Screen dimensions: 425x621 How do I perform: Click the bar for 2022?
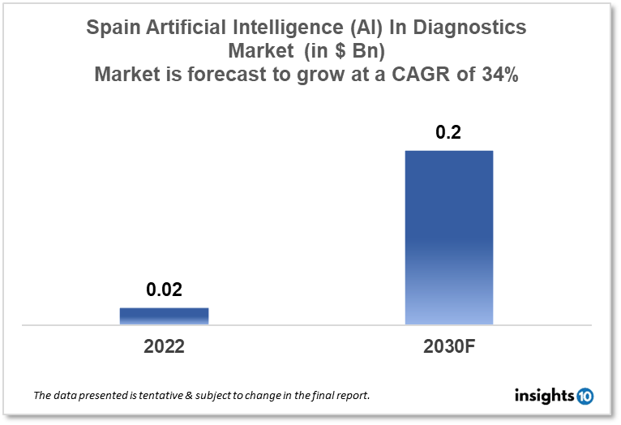164,316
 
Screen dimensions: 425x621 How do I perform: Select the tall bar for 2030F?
448,238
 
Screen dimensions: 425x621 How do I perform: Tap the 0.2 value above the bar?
448,133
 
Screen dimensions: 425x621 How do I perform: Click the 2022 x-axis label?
164,346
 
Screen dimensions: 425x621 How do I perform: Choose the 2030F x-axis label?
448,346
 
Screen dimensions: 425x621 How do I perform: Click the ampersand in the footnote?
199,396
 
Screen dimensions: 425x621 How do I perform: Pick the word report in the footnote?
353,396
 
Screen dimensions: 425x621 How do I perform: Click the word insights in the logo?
544,396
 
